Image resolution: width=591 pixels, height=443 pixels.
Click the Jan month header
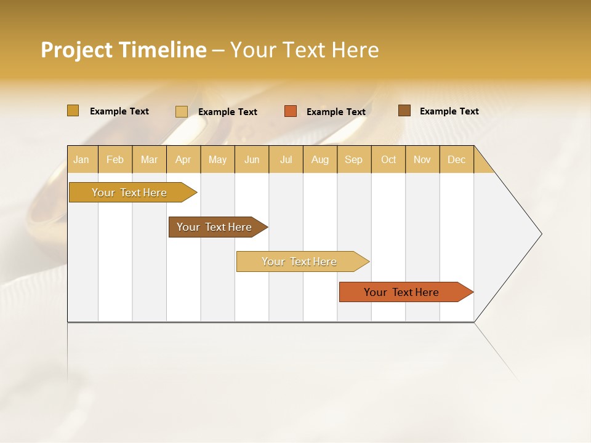coord(82,159)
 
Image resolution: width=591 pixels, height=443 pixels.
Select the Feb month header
coord(115,159)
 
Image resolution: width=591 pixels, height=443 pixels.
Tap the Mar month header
coord(149,159)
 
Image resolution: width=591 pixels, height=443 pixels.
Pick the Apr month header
coord(183,159)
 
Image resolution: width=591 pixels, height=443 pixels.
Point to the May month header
coord(217,159)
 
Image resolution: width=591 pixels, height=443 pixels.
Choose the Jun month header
coord(252,159)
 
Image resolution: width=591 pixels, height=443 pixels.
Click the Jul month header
coord(286,159)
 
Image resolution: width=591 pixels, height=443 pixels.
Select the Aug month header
coord(320,159)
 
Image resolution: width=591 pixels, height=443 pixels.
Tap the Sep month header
coord(354,159)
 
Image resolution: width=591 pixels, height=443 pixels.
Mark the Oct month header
coord(388,159)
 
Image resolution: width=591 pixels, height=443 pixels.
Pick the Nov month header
coord(422,159)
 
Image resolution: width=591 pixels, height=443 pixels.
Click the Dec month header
coord(457,159)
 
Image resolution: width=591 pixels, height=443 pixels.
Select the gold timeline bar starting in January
coord(129,193)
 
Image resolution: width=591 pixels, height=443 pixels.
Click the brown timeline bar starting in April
coord(214,227)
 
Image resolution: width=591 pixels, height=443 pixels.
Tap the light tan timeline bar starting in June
coord(299,261)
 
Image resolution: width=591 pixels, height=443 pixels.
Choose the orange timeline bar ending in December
coord(401,292)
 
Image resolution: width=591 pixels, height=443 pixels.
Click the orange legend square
coord(291,111)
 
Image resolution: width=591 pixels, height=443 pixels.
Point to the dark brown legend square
coord(404,111)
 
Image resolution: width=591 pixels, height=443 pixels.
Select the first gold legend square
coord(73,111)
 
